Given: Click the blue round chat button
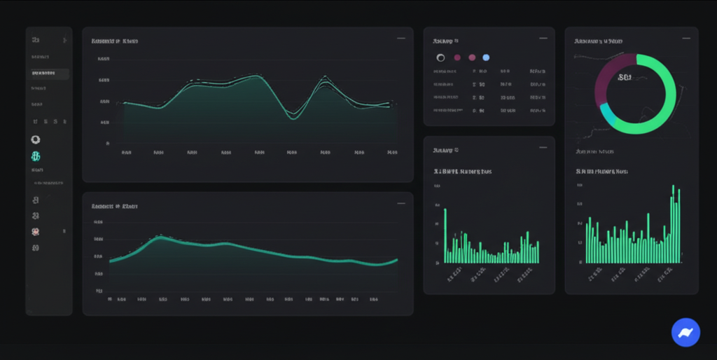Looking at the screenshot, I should click(x=685, y=332).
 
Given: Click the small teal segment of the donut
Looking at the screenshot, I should click(x=606, y=116).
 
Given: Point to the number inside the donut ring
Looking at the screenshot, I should click(x=625, y=78).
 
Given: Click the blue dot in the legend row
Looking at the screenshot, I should click(x=486, y=57).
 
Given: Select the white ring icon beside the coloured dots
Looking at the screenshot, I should click(x=440, y=57).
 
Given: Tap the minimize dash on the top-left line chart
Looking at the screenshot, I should click(x=401, y=39).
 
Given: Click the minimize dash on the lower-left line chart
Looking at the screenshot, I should click(x=401, y=204).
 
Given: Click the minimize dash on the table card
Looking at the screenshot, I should click(x=543, y=39).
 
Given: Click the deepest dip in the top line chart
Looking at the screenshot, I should click(x=293, y=117).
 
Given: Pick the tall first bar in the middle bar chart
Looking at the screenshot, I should click(x=445, y=235).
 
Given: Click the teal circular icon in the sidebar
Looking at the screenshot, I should click(x=36, y=156).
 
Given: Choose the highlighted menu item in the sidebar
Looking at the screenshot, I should click(x=48, y=74).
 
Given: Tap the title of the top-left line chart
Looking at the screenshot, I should click(x=115, y=41).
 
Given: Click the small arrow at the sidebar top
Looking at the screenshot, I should click(x=65, y=41).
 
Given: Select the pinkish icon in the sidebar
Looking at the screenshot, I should click(x=36, y=231).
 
